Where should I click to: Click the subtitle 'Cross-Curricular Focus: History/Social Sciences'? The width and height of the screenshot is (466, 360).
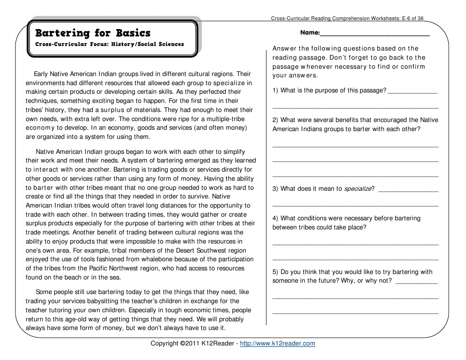click(109, 45)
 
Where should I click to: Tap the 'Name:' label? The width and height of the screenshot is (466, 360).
click(310, 33)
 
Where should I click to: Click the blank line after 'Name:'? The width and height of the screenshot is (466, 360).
click(375, 34)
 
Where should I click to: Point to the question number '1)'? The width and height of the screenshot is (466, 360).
click(275, 91)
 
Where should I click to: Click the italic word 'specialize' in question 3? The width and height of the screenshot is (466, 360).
click(358, 189)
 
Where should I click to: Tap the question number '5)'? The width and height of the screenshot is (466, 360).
click(275, 272)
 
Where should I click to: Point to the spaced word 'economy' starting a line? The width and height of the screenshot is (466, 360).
click(40, 128)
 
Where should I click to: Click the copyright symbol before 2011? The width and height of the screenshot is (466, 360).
click(182, 344)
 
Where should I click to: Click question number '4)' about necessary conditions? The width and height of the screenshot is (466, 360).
click(275, 218)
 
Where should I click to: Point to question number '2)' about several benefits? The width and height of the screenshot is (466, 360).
click(275, 120)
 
